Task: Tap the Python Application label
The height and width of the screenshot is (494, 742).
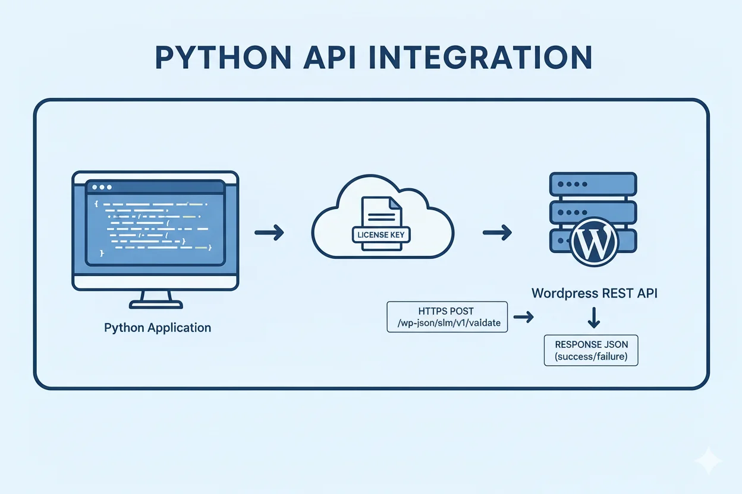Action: click(158, 328)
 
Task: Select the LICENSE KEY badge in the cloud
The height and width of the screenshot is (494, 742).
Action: click(381, 235)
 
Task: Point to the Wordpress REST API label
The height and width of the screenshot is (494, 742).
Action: click(595, 293)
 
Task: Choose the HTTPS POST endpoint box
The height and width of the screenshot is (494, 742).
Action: click(447, 316)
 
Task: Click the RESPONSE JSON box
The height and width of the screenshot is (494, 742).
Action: click(591, 350)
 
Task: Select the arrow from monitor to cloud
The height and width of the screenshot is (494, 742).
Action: click(269, 232)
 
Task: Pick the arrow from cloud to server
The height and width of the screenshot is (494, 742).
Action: click(496, 232)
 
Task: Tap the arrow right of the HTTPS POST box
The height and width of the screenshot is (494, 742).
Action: click(523, 318)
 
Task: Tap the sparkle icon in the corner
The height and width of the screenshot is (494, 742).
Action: click(710, 461)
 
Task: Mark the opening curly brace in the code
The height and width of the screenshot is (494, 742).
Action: click(96, 204)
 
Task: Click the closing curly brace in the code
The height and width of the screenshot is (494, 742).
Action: click(102, 253)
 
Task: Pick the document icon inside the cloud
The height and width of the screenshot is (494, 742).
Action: click(381, 214)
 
